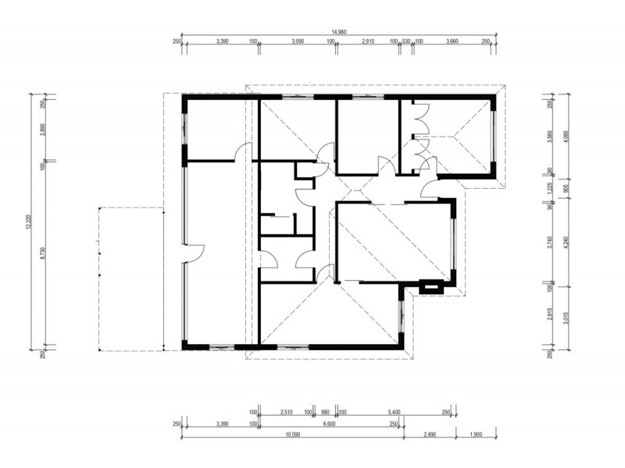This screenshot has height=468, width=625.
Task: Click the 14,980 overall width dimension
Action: click(338, 32)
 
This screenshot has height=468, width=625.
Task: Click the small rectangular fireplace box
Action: click(429, 287)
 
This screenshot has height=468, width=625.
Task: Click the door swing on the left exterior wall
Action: click(193, 253)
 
